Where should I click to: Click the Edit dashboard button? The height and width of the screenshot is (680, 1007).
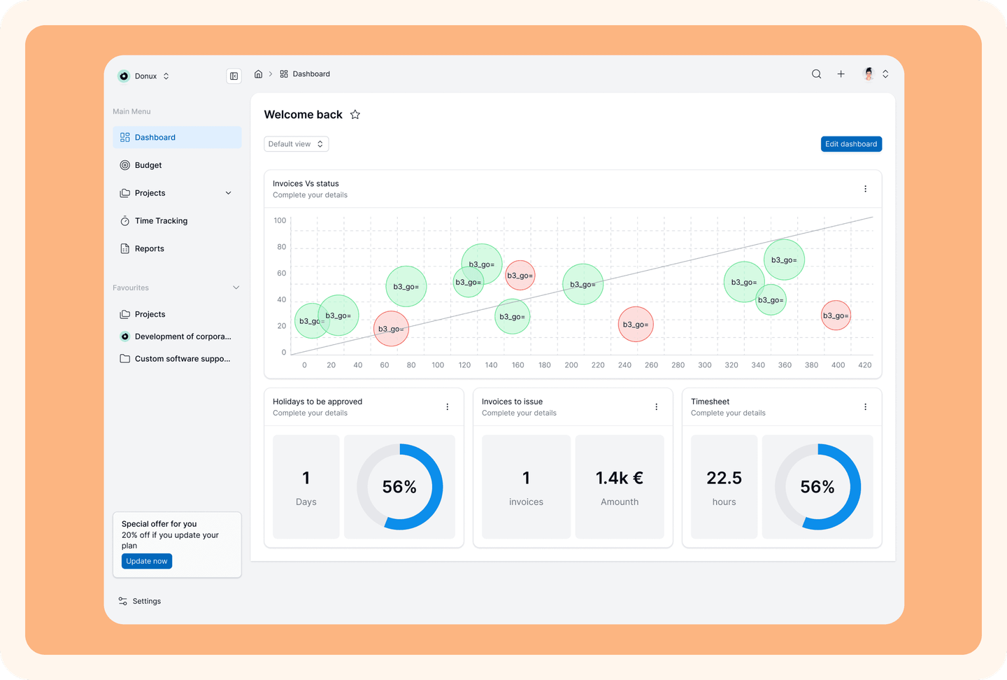(851, 144)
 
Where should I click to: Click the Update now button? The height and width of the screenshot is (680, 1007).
(147, 561)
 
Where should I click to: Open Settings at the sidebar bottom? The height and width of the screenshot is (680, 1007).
(140, 601)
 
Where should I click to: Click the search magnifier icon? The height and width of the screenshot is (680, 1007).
(816, 74)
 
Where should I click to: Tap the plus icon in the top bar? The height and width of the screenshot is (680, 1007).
(841, 74)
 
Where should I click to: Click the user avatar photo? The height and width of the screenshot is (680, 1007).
(869, 73)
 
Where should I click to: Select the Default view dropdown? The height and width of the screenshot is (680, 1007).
(296, 144)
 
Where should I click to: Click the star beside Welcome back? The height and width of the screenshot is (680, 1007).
(355, 115)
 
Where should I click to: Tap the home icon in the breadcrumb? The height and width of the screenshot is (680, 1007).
(258, 73)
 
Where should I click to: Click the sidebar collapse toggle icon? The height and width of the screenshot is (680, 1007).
(234, 76)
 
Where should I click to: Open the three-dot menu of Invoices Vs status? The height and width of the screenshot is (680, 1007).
(866, 189)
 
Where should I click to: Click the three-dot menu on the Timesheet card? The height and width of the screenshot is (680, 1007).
(866, 407)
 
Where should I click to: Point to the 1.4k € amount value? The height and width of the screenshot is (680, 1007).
(620, 478)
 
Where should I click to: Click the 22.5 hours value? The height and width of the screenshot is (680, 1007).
(724, 478)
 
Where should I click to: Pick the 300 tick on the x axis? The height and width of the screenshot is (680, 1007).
(704, 365)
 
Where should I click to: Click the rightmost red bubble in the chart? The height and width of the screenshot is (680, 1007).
(836, 316)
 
